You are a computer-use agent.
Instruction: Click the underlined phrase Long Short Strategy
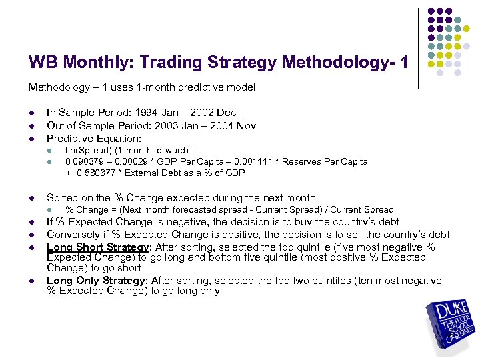(97, 247)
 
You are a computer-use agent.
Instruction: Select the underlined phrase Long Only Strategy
(95, 281)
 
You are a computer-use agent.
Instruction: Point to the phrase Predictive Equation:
(94, 138)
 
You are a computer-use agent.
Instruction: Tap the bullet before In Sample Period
(31, 113)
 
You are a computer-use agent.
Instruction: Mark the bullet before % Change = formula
(50, 210)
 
